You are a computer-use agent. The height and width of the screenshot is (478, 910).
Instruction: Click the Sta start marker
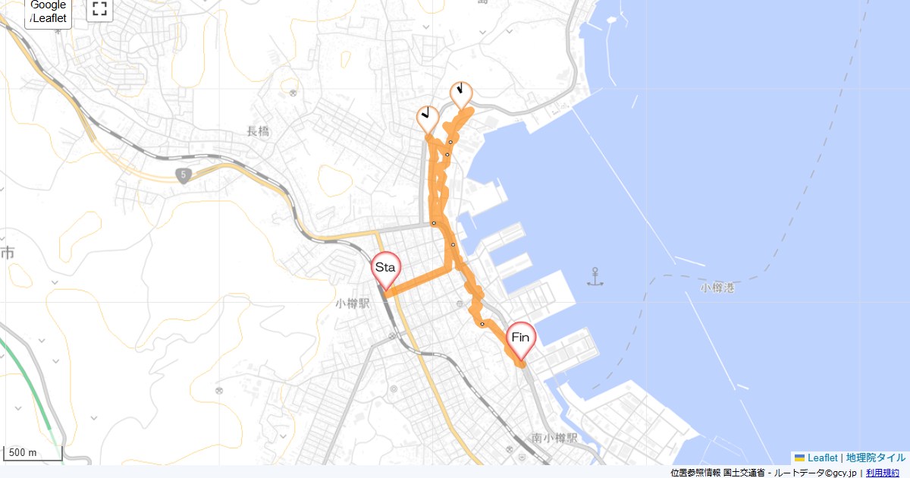[x=385, y=269]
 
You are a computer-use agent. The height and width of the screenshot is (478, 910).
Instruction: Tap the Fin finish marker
[x=521, y=338]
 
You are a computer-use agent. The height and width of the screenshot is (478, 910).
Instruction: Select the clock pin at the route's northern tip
[x=460, y=93]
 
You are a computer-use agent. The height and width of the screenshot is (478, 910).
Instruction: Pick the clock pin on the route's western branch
[x=428, y=118]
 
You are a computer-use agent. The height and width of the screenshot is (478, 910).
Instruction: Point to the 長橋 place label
[x=258, y=131]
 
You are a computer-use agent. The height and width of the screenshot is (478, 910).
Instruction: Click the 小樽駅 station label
[x=353, y=303]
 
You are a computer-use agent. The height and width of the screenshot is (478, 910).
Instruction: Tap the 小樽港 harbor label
[x=717, y=288]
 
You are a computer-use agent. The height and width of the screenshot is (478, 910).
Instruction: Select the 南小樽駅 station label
[x=554, y=439]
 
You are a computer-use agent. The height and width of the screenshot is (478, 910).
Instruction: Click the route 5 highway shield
[x=183, y=176]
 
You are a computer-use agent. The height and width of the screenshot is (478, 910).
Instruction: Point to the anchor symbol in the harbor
[x=596, y=277]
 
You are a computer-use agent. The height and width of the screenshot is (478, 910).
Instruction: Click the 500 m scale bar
[x=33, y=453]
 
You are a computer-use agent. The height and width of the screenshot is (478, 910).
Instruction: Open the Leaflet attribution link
[x=822, y=458]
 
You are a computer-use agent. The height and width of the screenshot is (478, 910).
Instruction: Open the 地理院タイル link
[x=875, y=458]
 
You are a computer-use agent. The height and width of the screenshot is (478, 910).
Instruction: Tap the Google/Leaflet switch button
[x=49, y=12]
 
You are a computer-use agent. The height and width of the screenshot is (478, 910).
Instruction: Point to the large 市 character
[x=8, y=253]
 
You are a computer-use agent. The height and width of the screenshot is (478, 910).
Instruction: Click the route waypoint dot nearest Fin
[x=482, y=324]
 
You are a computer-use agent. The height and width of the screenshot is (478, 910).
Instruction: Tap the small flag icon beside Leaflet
[x=799, y=458]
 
